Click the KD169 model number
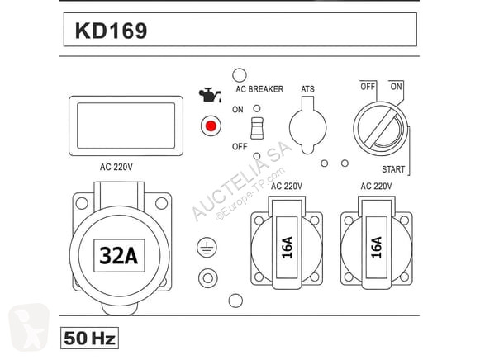112,31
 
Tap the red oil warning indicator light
211,126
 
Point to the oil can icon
210,95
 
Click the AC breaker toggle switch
257,128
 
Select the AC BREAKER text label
259,89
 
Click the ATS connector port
307,126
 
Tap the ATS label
307,89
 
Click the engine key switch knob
381,129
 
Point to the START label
393,169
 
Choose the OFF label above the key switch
368,87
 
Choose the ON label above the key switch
396,87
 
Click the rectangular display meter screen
126,126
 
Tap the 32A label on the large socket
119,255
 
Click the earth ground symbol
207,248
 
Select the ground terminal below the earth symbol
208,278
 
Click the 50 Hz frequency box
89,338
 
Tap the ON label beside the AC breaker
238,110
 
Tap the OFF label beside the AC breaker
240,146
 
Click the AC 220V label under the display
116,167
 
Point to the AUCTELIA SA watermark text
242,181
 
